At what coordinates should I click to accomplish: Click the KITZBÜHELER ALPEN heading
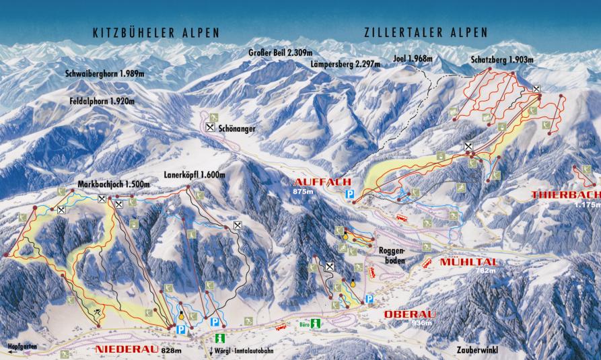tap(156, 32)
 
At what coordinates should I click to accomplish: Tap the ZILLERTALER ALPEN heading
tap(425, 32)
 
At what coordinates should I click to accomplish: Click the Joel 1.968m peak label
tap(413, 59)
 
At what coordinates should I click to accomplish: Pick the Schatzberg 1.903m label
tap(501, 60)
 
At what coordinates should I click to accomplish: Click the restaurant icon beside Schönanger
tap(211, 127)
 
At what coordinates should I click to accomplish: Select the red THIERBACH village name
tap(565, 195)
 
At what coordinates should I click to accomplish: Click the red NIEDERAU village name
tap(120, 351)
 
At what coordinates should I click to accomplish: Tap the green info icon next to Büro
tap(315, 324)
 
